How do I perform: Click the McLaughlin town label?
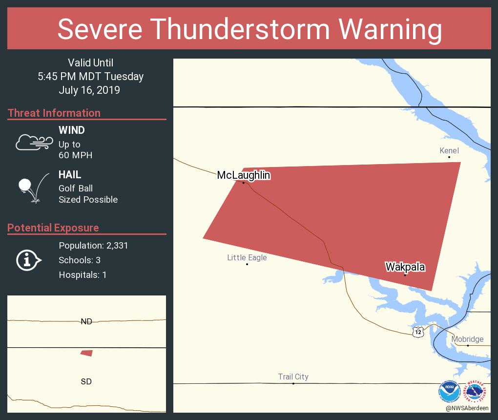click(244, 175)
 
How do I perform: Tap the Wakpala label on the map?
click(405, 267)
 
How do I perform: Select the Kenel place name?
click(449, 150)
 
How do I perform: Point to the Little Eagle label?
click(247, 257)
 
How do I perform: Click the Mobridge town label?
click(467, 339)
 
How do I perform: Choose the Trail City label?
click(293, 377)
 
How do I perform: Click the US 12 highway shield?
click(417, 332)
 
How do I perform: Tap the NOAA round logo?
click(449, 391)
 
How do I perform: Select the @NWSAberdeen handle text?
click(467, 408)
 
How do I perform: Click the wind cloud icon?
click(34, 142)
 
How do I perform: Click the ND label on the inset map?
click(86, 321)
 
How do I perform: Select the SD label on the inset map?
click(86, 381)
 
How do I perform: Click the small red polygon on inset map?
click(87, 353)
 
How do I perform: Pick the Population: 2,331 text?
click(93, 246)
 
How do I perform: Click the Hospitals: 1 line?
click(83, 275)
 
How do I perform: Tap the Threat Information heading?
click(54, 113)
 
